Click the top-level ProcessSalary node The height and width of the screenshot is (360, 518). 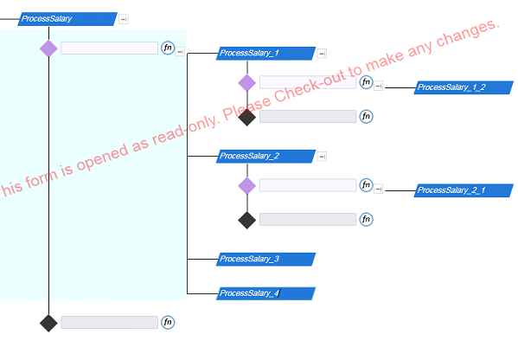tap(67, 19)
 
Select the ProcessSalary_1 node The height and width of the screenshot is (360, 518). tap(266, 54)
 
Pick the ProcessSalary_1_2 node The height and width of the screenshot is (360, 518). tap(464, 87)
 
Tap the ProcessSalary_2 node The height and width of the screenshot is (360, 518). tap(266, 156)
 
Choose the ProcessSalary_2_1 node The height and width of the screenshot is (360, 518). tap(464, 190)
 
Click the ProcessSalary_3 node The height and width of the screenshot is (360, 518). tap(266, 259)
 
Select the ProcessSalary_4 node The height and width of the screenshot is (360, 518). tap(266, 293)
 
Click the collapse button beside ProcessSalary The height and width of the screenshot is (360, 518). tap(124, 19)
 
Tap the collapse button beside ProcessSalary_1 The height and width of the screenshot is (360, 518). tap(322, 54)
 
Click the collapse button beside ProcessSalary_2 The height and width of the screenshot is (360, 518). tap(322, 157)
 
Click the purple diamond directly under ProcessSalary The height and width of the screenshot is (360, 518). tap(48, 48)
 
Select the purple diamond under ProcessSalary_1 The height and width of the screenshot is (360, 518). tap(247, 83)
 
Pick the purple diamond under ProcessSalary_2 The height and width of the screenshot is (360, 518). tap(247, 185)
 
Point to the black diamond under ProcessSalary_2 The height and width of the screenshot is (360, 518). tap(247, 220)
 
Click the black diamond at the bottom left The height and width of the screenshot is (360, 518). tap(48, 323)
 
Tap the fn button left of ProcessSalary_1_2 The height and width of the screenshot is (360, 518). tap(366, 82)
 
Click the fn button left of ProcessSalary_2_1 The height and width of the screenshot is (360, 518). tap(366, 185)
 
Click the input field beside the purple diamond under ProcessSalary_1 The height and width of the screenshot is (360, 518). tap(308, 82)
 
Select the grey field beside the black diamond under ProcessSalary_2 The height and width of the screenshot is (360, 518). tap(308, 219)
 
